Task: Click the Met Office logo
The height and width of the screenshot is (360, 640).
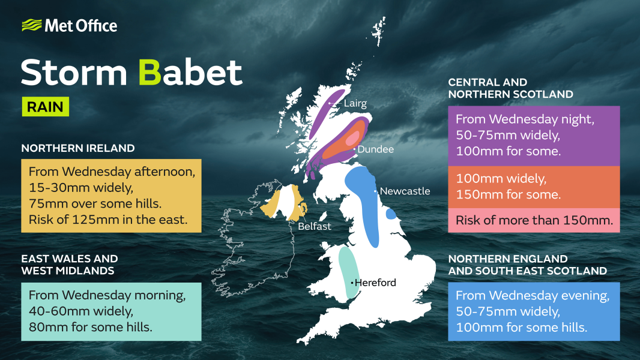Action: point(69,25)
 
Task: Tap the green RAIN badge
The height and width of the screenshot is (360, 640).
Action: point(45,107)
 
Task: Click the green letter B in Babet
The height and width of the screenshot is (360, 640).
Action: point(148,73)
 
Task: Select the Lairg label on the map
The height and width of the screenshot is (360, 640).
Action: point(355,103)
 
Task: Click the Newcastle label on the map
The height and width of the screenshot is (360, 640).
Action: point(405,191)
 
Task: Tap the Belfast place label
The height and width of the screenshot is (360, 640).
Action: point(315,226)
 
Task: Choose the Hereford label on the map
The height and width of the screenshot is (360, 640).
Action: point(375,283)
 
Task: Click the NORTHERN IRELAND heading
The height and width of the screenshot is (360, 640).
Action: point(78,148)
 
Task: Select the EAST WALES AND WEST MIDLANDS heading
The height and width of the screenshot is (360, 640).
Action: point(70,265)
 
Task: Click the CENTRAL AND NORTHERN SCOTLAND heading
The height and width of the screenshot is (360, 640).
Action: point(510,88)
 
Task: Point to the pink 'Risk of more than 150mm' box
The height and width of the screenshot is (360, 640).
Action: point(534,220)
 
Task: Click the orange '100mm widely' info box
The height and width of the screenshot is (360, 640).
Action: point(534,186)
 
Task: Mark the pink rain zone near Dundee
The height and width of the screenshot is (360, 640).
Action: point(351,139)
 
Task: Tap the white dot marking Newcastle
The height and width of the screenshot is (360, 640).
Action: point(376,191)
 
